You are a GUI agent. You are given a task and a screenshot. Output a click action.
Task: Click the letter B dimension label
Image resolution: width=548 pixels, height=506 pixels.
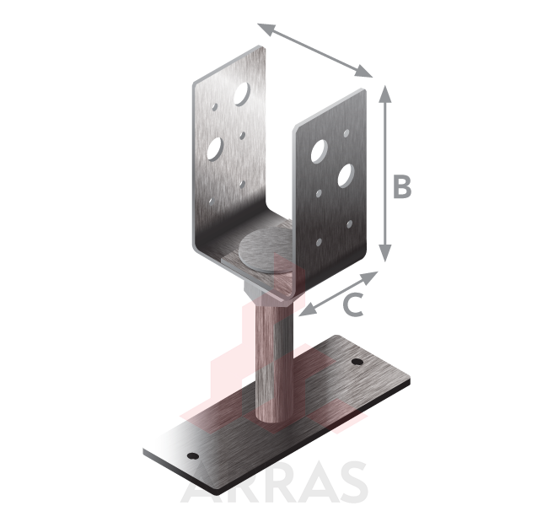402,186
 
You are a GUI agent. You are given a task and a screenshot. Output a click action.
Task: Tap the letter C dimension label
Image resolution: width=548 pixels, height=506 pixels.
354,304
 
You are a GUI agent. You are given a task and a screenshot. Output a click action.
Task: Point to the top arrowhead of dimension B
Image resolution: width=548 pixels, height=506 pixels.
384,94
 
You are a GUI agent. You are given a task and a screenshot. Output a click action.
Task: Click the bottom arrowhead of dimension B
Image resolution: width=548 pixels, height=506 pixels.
384,253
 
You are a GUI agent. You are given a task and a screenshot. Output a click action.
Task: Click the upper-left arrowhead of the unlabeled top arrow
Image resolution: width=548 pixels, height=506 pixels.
266,29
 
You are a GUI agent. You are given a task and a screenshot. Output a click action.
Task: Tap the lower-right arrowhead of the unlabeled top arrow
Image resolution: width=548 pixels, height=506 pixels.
363,72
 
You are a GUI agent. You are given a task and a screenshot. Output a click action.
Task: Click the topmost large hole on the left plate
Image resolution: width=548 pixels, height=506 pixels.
242,94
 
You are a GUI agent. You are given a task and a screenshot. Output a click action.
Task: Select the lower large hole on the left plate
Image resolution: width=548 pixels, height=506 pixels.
215,149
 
